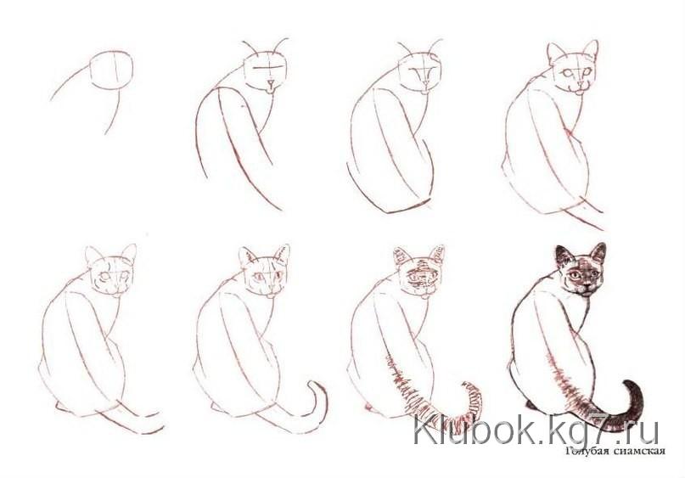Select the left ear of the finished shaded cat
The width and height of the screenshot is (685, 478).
[x=563, y=256]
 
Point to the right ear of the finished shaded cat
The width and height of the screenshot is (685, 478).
[x=598, y=253]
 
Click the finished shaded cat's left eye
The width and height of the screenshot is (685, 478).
[x=576, y=275]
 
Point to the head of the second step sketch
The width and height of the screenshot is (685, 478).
[x=266, y=72]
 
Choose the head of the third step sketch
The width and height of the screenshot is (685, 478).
[x=419, y=73]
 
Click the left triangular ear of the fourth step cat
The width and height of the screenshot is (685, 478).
[x=556, y=53]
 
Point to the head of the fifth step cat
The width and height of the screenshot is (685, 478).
[x=111, y=271]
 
